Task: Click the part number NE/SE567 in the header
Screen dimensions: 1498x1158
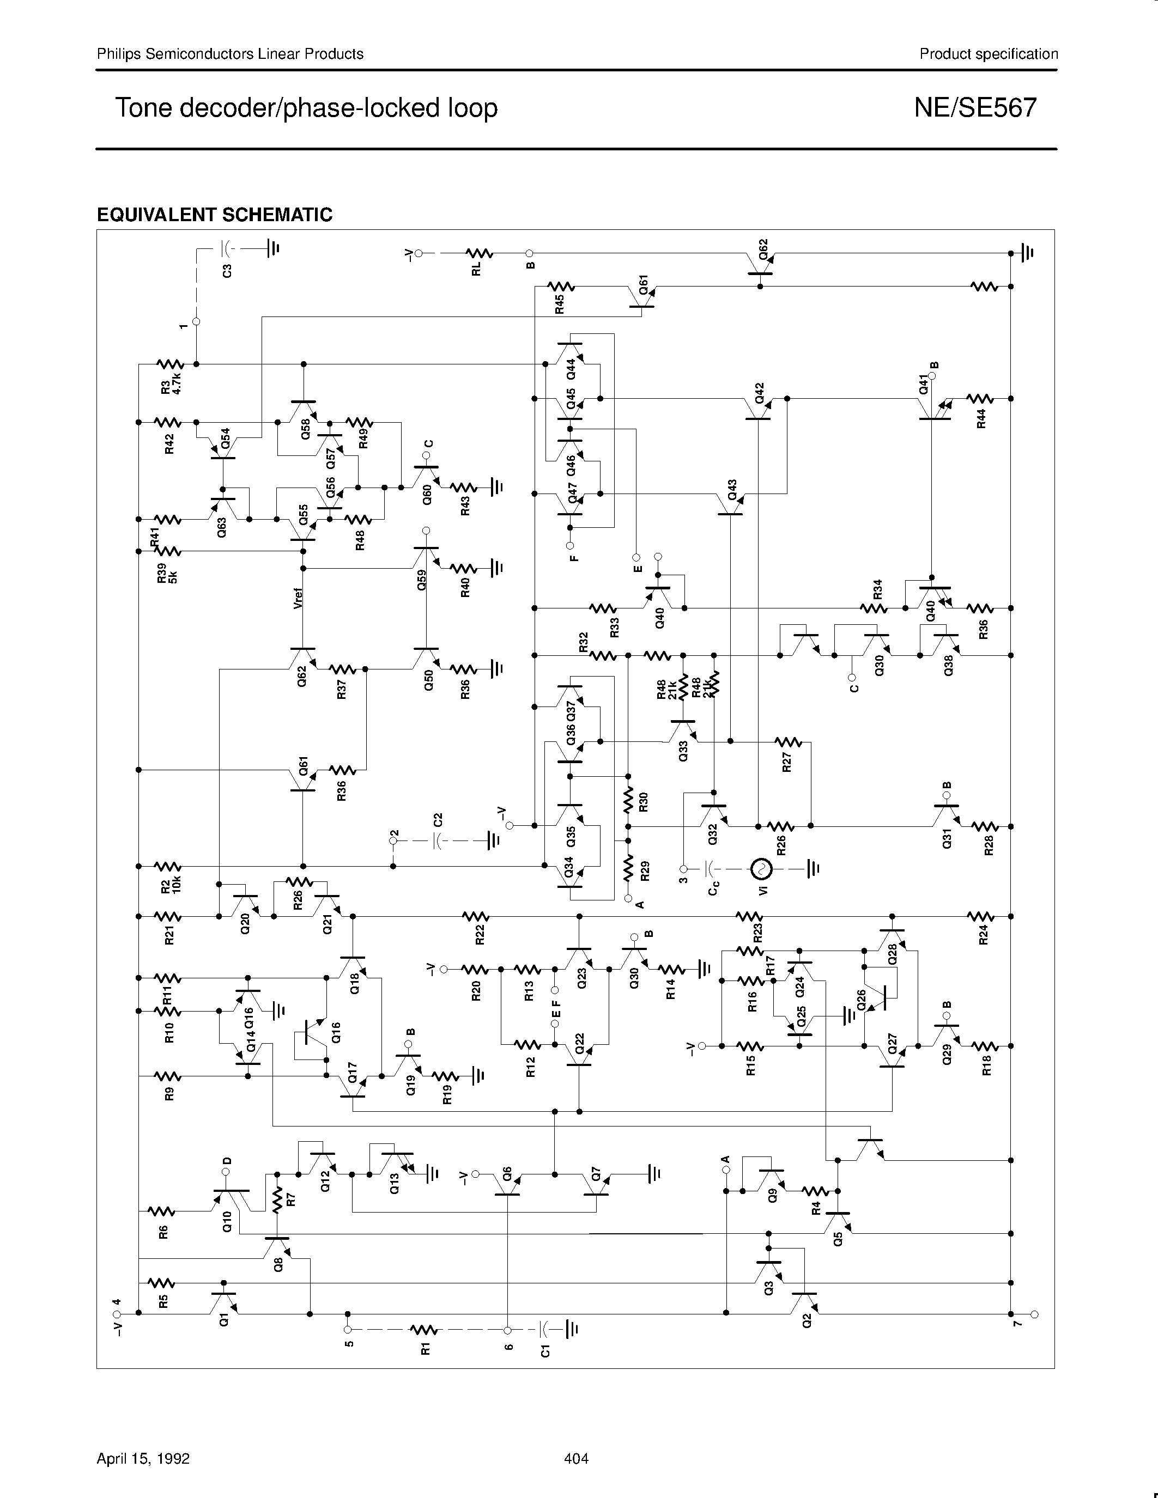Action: point(975,108)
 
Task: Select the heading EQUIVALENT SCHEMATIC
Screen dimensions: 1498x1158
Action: point(215,215)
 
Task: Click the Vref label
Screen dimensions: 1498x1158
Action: point(298,599)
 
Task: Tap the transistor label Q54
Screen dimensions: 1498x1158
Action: point(226,439)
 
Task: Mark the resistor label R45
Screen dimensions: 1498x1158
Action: point(560,304)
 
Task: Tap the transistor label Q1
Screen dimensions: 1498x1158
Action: point(223,1318)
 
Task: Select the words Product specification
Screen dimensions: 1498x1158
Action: point(989,54)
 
